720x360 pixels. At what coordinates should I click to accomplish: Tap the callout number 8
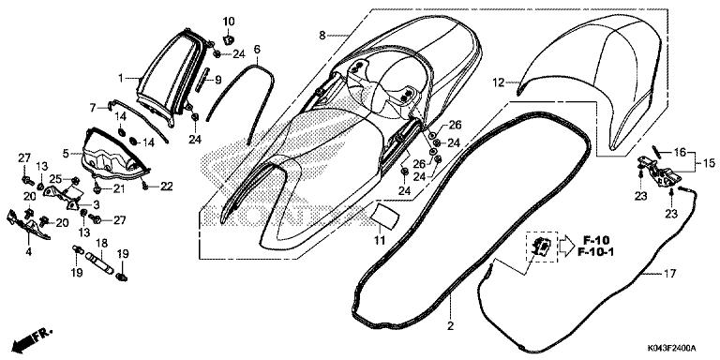(322, 36)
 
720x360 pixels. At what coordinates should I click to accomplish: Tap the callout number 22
(166, 187)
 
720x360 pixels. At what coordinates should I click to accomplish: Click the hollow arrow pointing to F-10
(566, 247)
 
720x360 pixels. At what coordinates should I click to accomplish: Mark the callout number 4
(28, 252)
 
